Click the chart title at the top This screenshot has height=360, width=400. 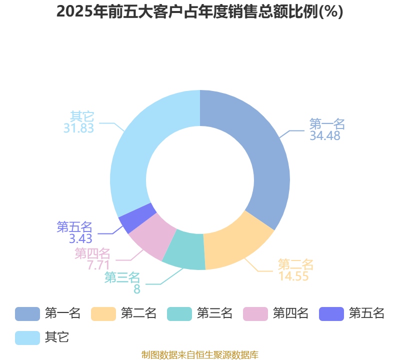tap(199, 11)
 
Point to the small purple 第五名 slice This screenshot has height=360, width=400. tap(137, 218)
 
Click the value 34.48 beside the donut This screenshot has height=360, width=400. tap(325, 135)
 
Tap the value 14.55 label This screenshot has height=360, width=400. tap(293, 276)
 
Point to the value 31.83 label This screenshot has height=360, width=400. tap(79, 128)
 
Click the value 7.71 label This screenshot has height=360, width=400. tap(98, 265)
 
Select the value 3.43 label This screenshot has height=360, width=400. tap(80, 238)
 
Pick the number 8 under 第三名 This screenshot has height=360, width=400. tap(137, 289)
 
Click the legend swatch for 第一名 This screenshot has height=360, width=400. tap(27, 314)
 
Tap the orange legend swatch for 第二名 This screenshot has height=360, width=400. tap(103, 314)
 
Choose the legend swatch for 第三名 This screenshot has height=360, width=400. tap(179, 314)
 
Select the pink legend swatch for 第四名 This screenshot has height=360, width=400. tap(255, 314)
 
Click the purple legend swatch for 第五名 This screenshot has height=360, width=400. tap(331, 314)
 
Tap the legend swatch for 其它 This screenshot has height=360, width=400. tap(27, 338)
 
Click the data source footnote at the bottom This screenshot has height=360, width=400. tap(200, 354)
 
